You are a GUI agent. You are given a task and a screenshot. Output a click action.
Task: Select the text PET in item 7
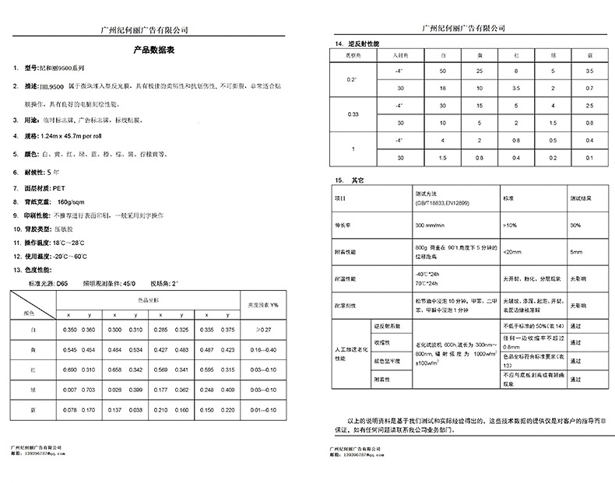(x=57, y=188)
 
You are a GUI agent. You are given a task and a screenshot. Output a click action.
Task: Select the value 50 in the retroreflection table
(x=442, y=71)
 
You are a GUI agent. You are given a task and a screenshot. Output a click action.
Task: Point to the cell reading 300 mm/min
(x=430, y=225)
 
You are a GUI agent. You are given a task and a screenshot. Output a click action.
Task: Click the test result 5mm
(x=577, y=252)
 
